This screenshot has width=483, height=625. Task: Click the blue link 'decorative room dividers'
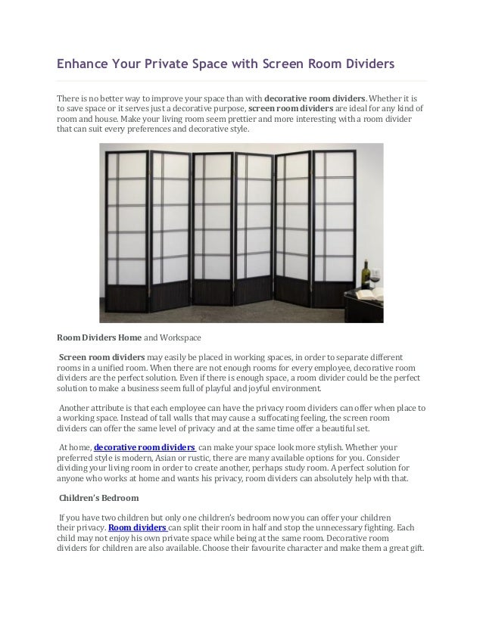(x=145, y=447)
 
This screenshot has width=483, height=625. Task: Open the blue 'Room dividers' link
(x=138, y=527)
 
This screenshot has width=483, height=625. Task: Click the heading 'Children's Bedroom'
(x=99, y=498)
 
